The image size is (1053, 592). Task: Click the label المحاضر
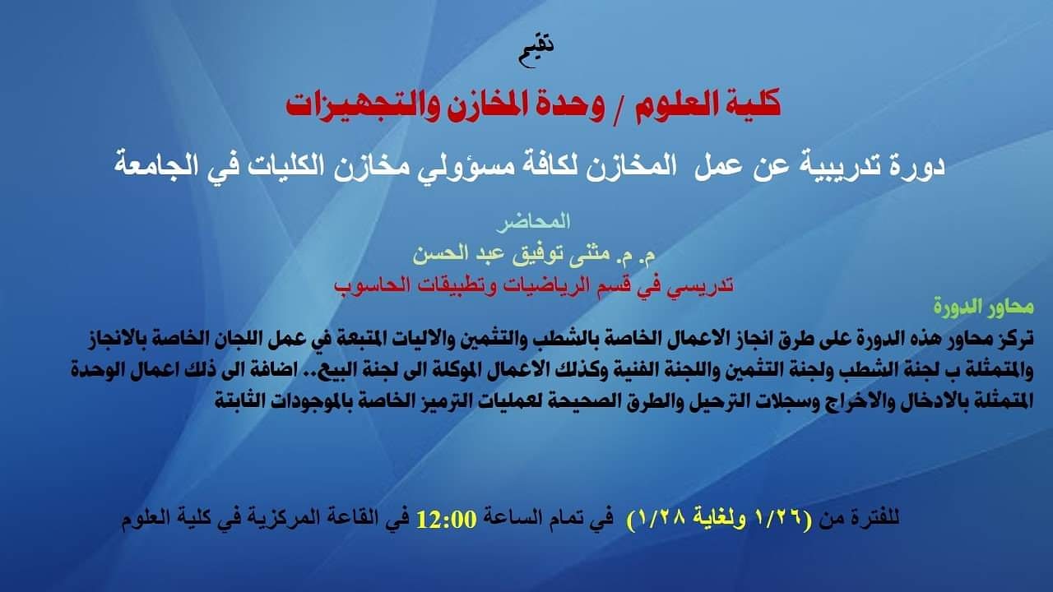534,222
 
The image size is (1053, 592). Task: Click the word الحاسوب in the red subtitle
367,284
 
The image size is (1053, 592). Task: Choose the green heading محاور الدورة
983,308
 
